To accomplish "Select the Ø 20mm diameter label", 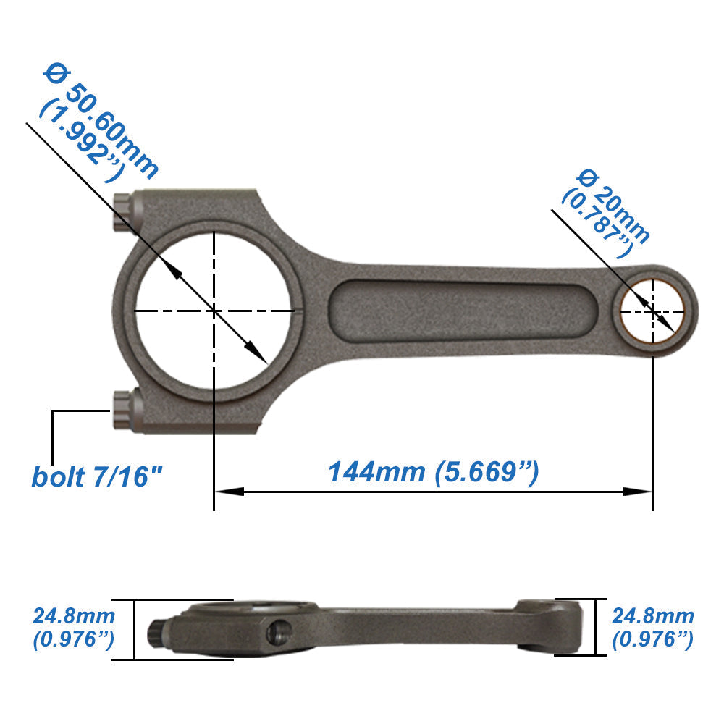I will (615, 206).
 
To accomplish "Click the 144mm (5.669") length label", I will (434, 472).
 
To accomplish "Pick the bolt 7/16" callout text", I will (97, 476).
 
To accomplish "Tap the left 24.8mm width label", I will (74, 617).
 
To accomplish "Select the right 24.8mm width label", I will (653, 617).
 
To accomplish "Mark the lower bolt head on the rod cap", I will (123, 411).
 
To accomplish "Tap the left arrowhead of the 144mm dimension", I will (228, 492).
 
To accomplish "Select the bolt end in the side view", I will (156, 632).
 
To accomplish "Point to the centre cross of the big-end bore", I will (214, 311).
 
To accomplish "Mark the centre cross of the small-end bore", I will (653, 311).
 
